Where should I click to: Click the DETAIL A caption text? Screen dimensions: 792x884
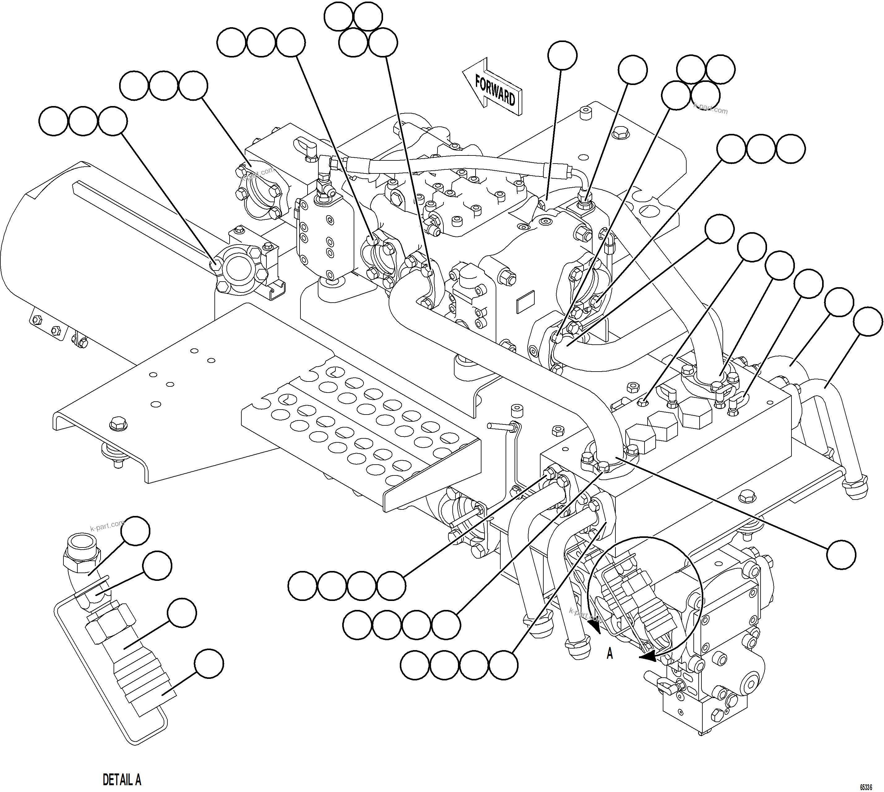tap(122, 779)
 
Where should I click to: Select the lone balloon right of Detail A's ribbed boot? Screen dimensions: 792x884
tap(209, 664)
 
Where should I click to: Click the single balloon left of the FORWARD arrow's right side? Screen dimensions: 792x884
tap(562, 55)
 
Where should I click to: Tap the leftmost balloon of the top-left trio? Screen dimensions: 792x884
tap(54, 121)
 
